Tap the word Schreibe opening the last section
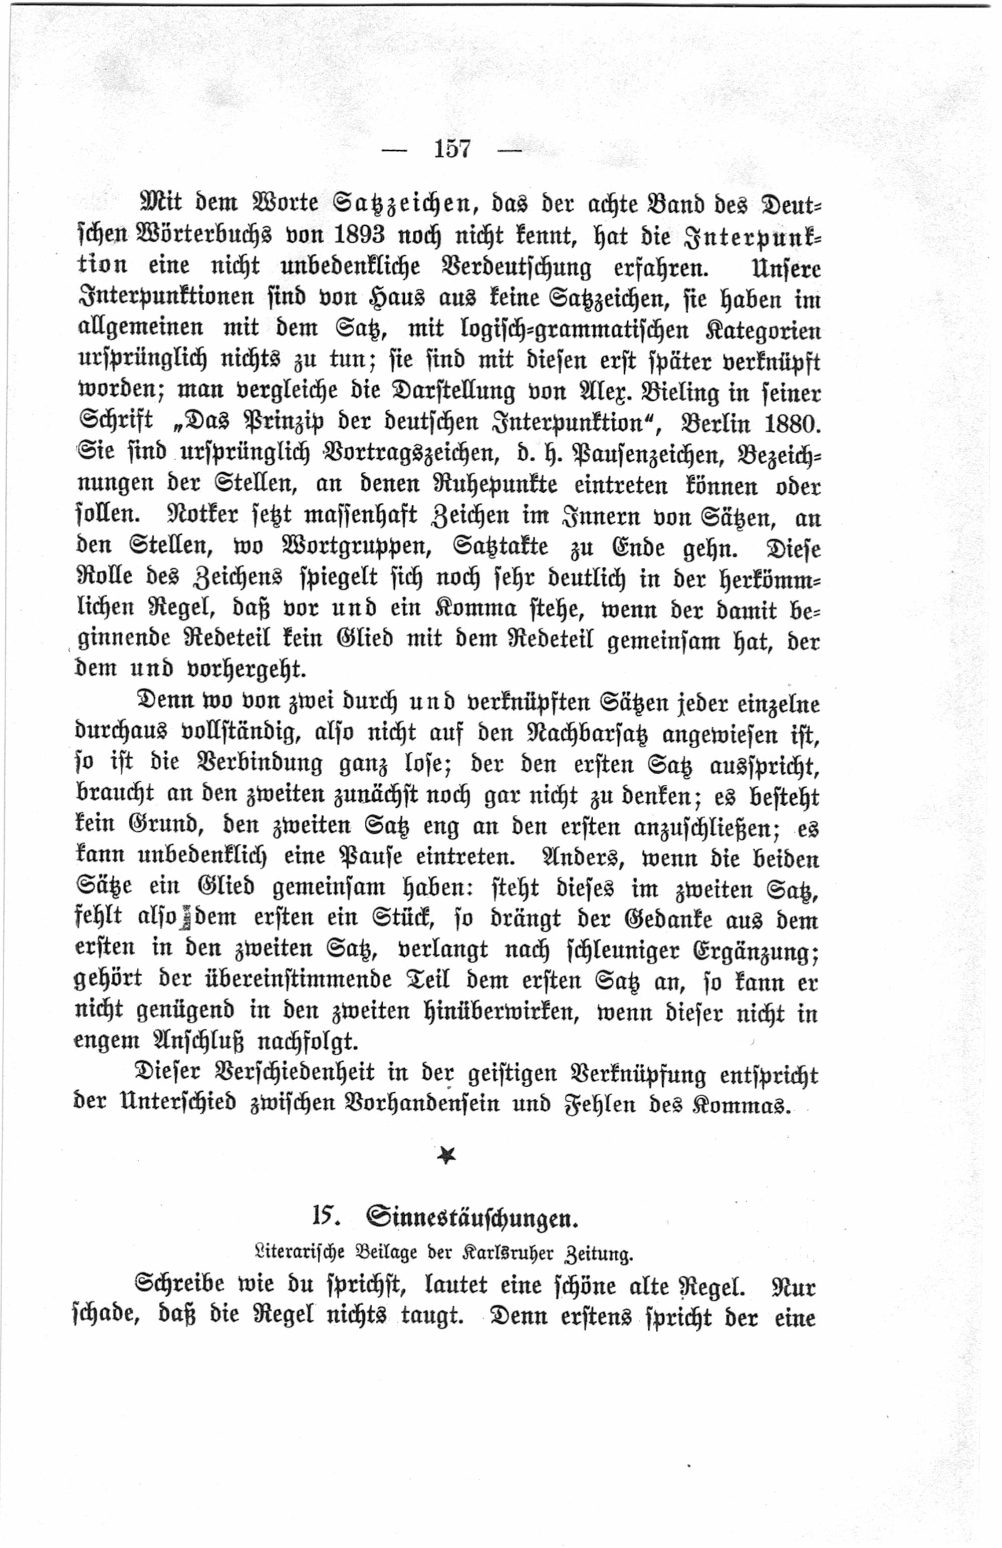pos(179,1285)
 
